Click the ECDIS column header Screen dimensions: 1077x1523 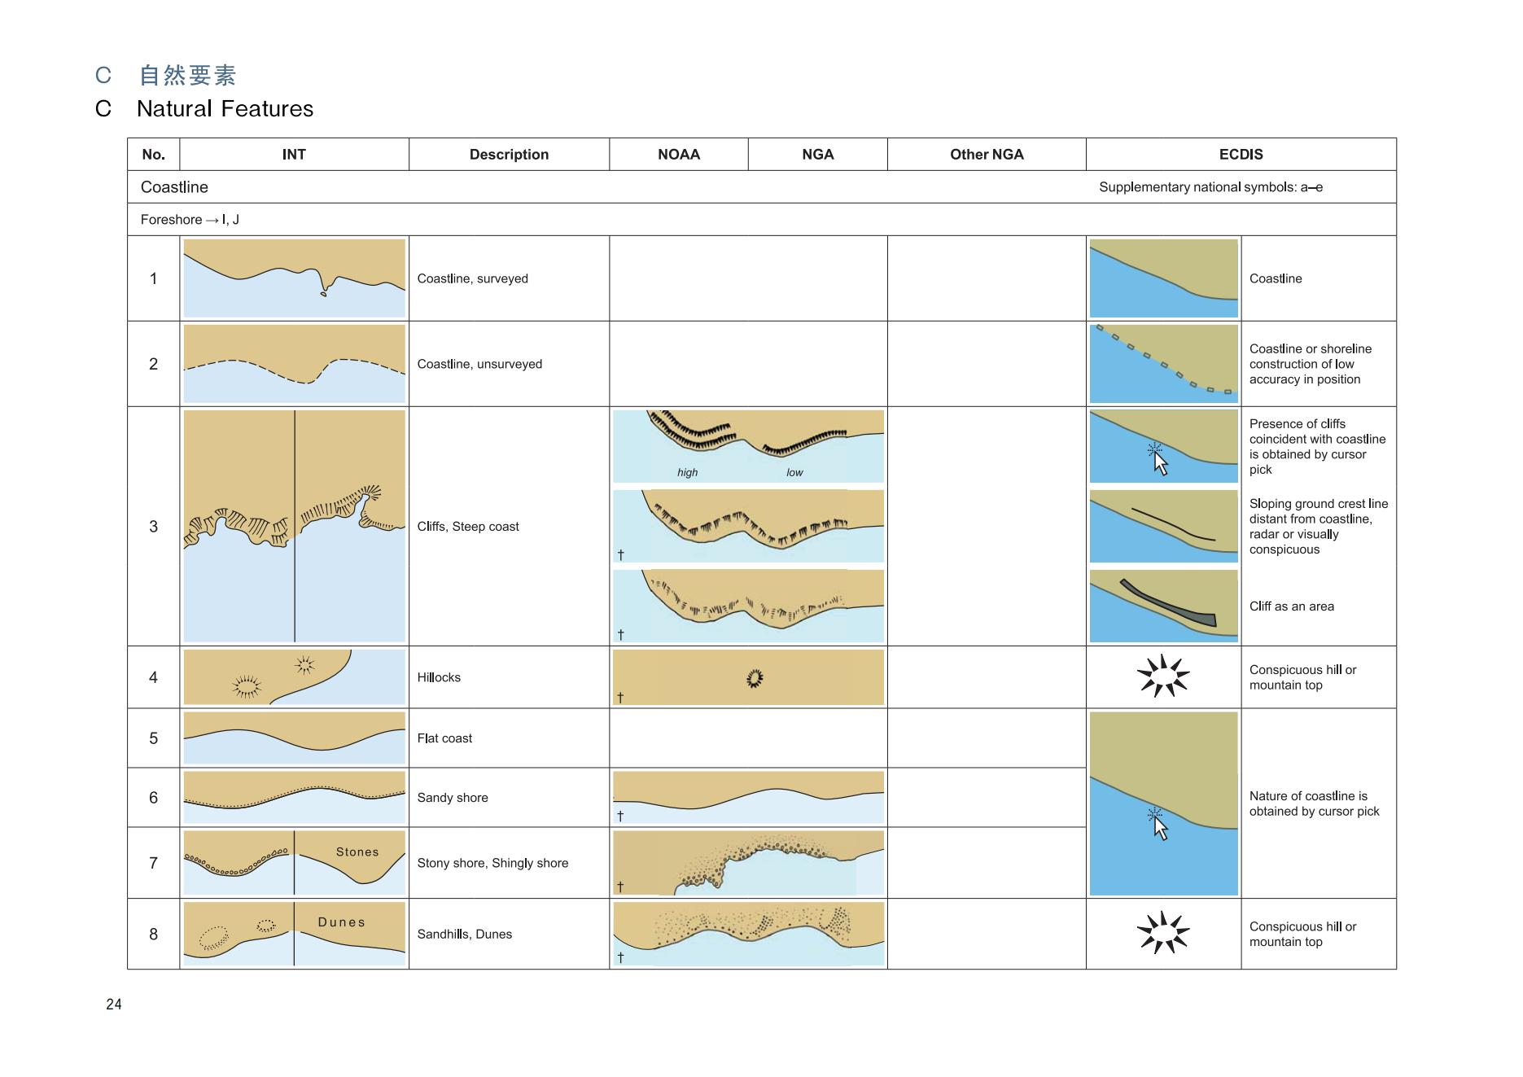point(1241,155)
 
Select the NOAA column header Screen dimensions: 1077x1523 point(678,155)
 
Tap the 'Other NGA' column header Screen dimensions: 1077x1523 point(987,155)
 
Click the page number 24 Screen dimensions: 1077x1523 point(114,1005)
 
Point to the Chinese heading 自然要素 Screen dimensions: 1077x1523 point(188,76)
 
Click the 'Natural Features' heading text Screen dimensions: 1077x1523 point(225,109)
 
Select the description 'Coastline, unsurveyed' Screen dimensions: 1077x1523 point(479,364)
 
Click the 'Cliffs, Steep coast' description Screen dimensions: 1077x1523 point(468,527)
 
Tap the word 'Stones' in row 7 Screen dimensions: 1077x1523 point(357,852)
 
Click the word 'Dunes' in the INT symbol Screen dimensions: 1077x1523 point(341,922)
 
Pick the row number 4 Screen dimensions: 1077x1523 point(153,677)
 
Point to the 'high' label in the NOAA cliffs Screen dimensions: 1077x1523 point(687,473)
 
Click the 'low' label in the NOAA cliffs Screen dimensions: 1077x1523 point(794,473)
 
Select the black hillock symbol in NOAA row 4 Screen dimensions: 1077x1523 point(755,677)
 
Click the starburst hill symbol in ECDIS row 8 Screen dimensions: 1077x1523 point(1163,933)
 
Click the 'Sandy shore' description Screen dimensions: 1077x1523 point(453,798)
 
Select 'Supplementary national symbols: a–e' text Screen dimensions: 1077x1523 point(1210,187)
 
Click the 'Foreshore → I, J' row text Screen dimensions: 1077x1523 point(190,220)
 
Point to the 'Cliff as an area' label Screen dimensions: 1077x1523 point(1292,606)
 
